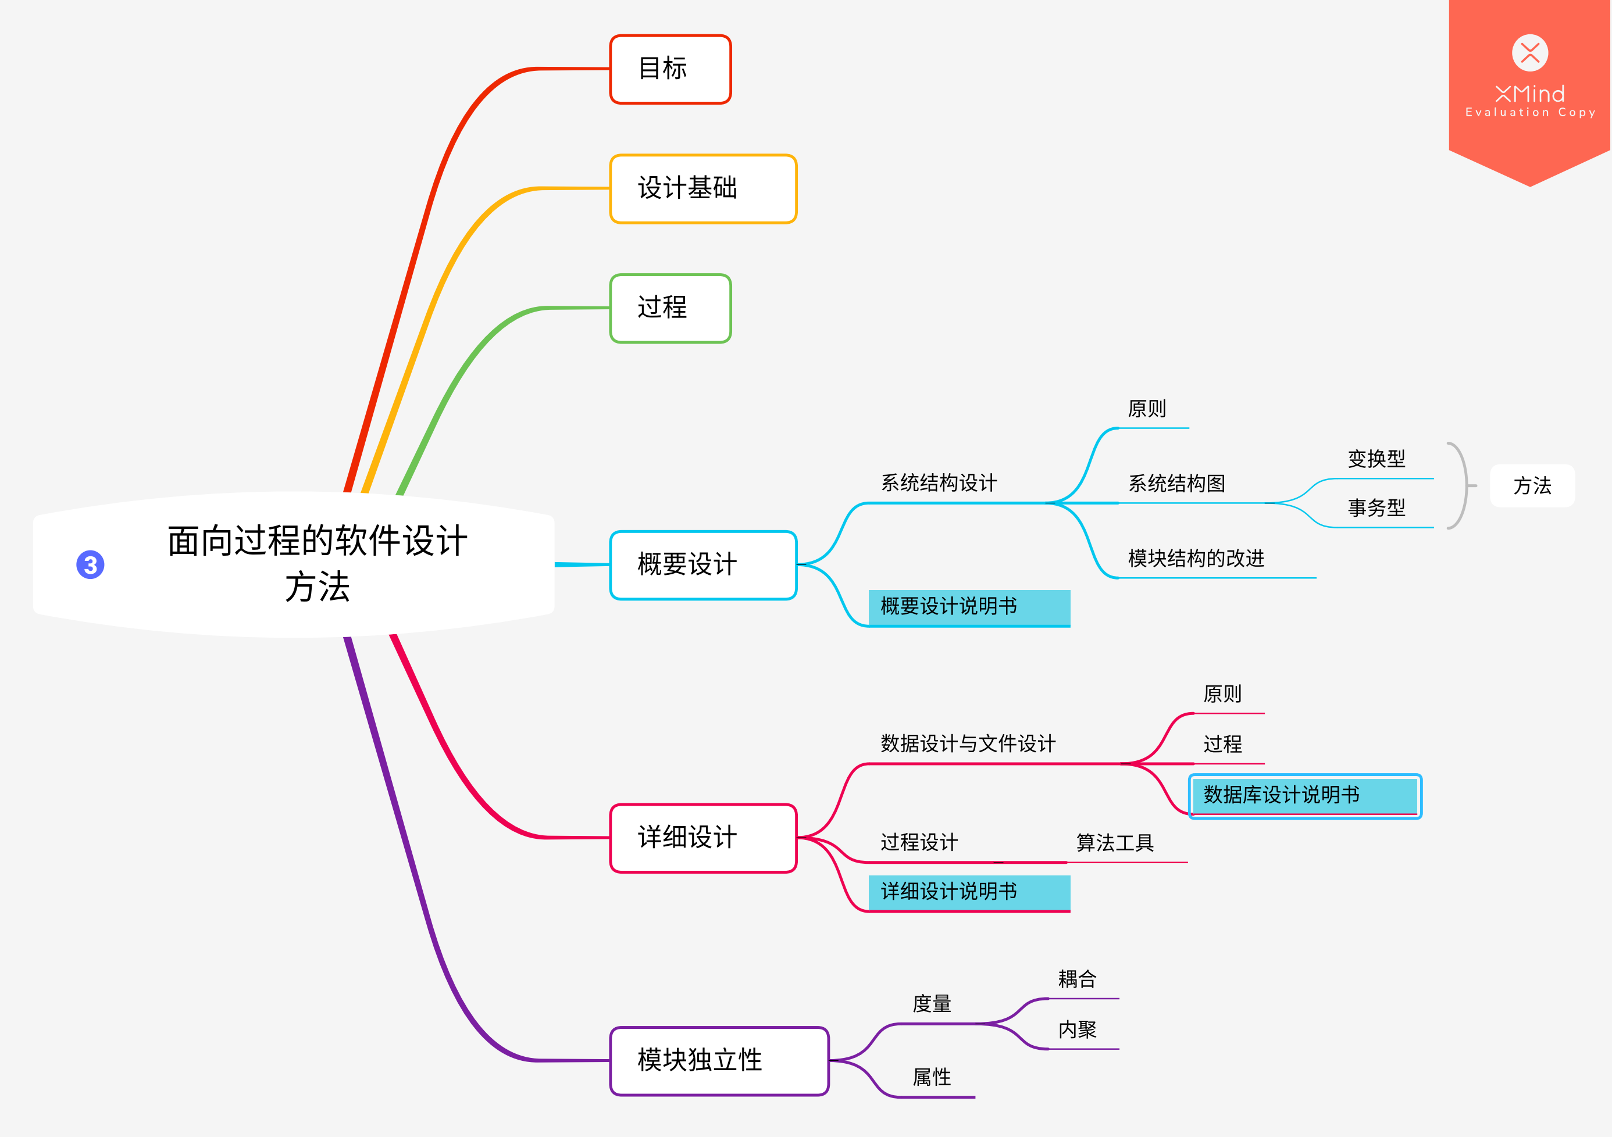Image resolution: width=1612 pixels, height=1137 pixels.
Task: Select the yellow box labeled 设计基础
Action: tap(703, 189)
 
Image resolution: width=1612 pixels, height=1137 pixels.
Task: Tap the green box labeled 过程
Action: tap(670, 308)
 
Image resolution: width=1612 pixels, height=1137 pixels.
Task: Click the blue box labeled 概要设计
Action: tap(703, 565)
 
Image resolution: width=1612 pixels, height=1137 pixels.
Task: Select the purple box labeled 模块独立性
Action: tap(719, 1060)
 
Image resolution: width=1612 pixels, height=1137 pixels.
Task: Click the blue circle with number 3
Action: tap(91, 564)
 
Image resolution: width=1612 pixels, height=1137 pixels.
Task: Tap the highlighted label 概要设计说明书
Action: tap(968, 607)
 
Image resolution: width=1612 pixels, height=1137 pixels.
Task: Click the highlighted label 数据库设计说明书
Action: tap(1304, 795)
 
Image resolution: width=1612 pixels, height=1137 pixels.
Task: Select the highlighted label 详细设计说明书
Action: tap(968, 892)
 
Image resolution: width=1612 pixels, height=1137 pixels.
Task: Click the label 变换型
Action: tap(1376, 459)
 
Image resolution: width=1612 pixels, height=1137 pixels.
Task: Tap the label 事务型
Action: tap(1376, 508)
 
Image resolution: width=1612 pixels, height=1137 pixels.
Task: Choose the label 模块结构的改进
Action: tap(1196, 559)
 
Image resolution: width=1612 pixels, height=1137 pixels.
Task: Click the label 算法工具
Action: tap(1115, 843)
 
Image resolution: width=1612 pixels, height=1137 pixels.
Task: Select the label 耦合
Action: tap(1077, 979)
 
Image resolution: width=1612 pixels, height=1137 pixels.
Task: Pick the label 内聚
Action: tap(1077, 1029)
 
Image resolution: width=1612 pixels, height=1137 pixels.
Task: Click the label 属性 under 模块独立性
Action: tap(932, 1077)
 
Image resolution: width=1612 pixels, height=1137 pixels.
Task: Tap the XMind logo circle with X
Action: tap(1530, 53)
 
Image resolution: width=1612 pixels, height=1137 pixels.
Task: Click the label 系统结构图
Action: tap(1176, 484)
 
